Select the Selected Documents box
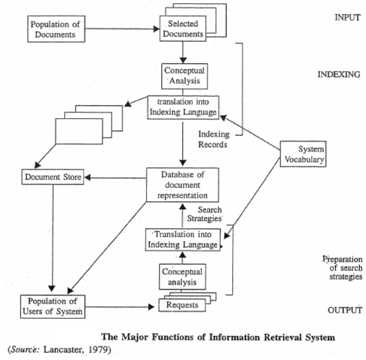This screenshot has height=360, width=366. pyautogui.click(x=182, y=30)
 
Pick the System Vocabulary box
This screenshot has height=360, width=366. pyautogui.click(x=303, y=154)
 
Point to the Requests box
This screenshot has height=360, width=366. pyautogui.click(x=181, y=305)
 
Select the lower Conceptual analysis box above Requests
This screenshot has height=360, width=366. pyautogui.click(x=181, y=276)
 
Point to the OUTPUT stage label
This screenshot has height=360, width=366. pyautogui.click(x=345, y=310)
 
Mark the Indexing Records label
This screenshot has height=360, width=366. pyautogui.click(x=213, y=138)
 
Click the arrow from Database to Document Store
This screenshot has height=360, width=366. pyautogui.click(x=114, y=178)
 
